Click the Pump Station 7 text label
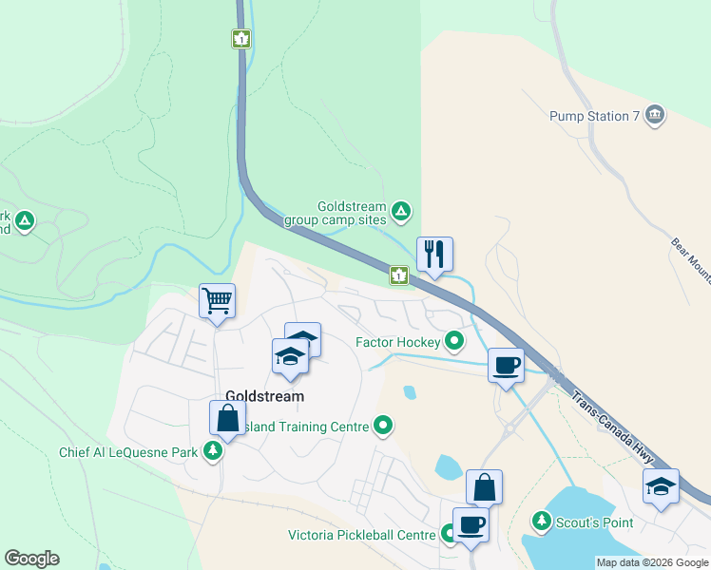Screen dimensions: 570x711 click(594, 116)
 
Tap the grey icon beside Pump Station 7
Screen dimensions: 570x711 click(654, 115)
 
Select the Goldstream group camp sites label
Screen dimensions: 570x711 click(337, 213)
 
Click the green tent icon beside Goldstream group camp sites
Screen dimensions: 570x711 click(402, 210)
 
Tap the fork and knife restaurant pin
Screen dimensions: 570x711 click(434, 255)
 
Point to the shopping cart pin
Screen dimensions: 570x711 click(218, 301)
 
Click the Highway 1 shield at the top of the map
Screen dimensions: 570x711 click(241, 39)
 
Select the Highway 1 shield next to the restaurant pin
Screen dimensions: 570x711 click(399, 275)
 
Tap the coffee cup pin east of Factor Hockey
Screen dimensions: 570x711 click(507, 366)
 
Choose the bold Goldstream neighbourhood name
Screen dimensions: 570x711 click(264, 396)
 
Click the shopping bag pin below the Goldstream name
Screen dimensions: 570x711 click(228, 418)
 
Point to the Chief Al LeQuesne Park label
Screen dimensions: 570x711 click(128, 452)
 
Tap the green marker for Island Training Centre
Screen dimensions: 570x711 click(383, 427)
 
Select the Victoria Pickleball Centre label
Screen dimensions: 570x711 click(362, 535)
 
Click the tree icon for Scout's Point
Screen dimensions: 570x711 click(541, 521)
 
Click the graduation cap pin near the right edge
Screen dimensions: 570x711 click(661, 486)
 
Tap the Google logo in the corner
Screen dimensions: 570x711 click(31, 559)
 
